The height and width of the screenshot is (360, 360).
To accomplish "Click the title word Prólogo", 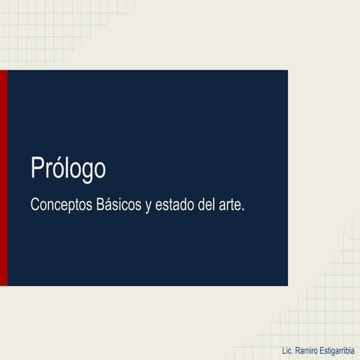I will (x=68, y=169).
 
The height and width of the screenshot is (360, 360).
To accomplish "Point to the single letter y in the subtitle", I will (x=148, y=206).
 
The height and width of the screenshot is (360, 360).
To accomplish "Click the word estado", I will (x=175, y=204).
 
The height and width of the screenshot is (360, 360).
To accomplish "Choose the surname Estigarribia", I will (x=340, y=351).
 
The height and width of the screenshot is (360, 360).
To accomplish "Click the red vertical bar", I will (x=3, y=178).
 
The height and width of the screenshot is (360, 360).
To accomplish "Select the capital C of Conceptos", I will (x=34, y=204).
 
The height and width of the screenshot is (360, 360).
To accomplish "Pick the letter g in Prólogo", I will (x=83, y=172).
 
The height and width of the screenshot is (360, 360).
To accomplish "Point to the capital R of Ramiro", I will (x=298, y=351).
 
